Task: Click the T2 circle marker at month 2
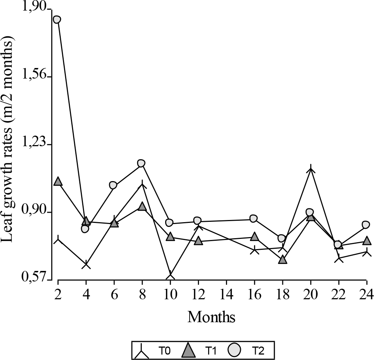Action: (x=57, y=19)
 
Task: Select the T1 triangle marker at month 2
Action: (x=58, y=181)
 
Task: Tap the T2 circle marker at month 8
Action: (x=142, y=163)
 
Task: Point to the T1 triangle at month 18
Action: (x=283, y=260)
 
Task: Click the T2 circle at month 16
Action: (x=254, y=218)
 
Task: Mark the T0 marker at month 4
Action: (x=86, y=265)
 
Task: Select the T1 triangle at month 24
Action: (x=366, y=241)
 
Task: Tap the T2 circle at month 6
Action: (x=113, y=185)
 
